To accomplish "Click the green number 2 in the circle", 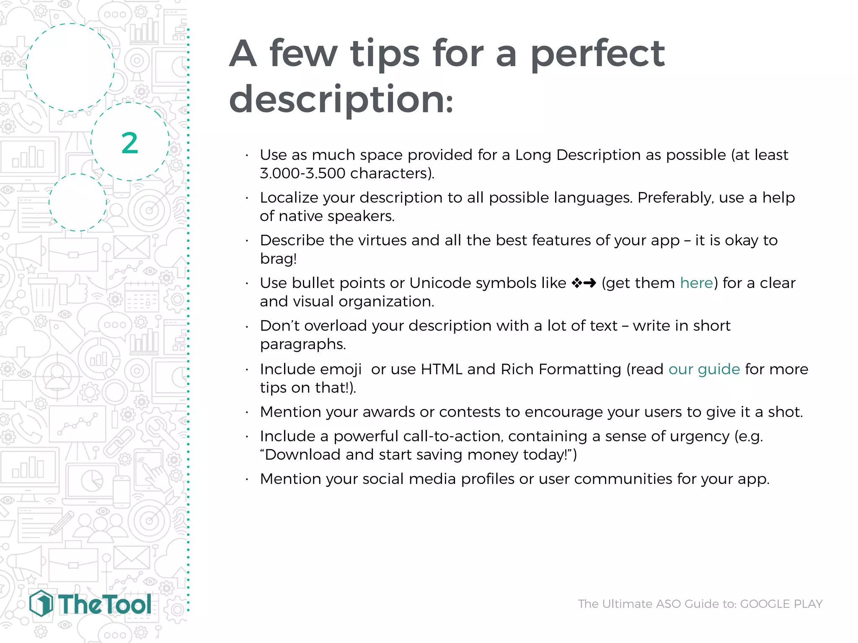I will [130, 143].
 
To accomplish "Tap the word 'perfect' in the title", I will [597, 54].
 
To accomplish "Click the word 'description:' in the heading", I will [341, 100].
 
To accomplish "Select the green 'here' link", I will [696, 283].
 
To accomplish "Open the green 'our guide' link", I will [704, 369].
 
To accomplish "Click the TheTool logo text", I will [105, 604].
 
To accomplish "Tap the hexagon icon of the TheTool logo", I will [41, 604].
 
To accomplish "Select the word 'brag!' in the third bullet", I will [278, 259].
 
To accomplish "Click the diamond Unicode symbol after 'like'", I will [576, 283].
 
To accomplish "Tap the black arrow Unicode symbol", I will [590, 283].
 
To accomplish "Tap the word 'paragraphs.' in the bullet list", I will [303, 344].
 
